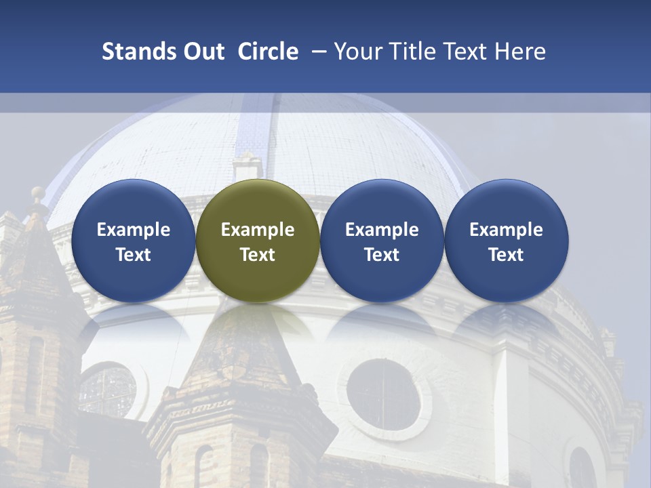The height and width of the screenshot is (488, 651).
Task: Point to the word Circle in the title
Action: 268,52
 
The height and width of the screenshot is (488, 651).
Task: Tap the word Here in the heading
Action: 521,52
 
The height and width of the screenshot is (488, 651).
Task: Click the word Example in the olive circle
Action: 258,230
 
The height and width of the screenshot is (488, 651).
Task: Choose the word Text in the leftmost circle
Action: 134,255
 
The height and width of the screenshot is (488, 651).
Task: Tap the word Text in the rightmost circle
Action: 506,255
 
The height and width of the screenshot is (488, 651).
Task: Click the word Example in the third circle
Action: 382,230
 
